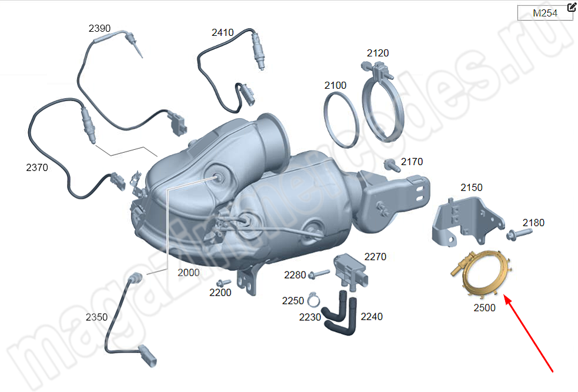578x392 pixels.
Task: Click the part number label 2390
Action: point(99,28)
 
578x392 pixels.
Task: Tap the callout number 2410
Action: point(223,32)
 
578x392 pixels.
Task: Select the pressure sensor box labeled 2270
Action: point(350,271)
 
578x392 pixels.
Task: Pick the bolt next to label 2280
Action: point(319,274)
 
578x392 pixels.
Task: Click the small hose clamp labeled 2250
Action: point(313,300)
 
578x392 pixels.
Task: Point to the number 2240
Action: point(372,316)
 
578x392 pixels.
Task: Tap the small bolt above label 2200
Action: point(223,283)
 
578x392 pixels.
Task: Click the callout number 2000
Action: point(188,273)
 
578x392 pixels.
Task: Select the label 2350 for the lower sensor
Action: point(96,317)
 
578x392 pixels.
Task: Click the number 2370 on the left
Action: point(37,167)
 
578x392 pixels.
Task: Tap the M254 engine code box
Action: point(545,13)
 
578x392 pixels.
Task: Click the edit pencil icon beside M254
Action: point(572,6)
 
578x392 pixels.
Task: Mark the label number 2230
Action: point(310,317)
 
